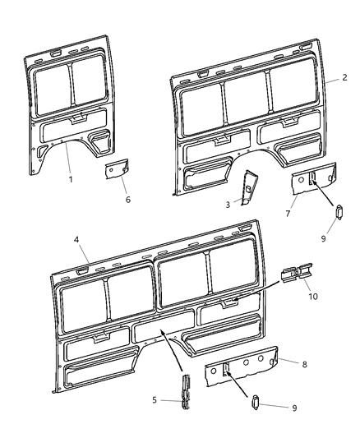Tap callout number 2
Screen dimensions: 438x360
[x=345, y=78]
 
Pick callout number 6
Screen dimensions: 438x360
[x=127, y=200]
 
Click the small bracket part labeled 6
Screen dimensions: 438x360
[x=114, y=171]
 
